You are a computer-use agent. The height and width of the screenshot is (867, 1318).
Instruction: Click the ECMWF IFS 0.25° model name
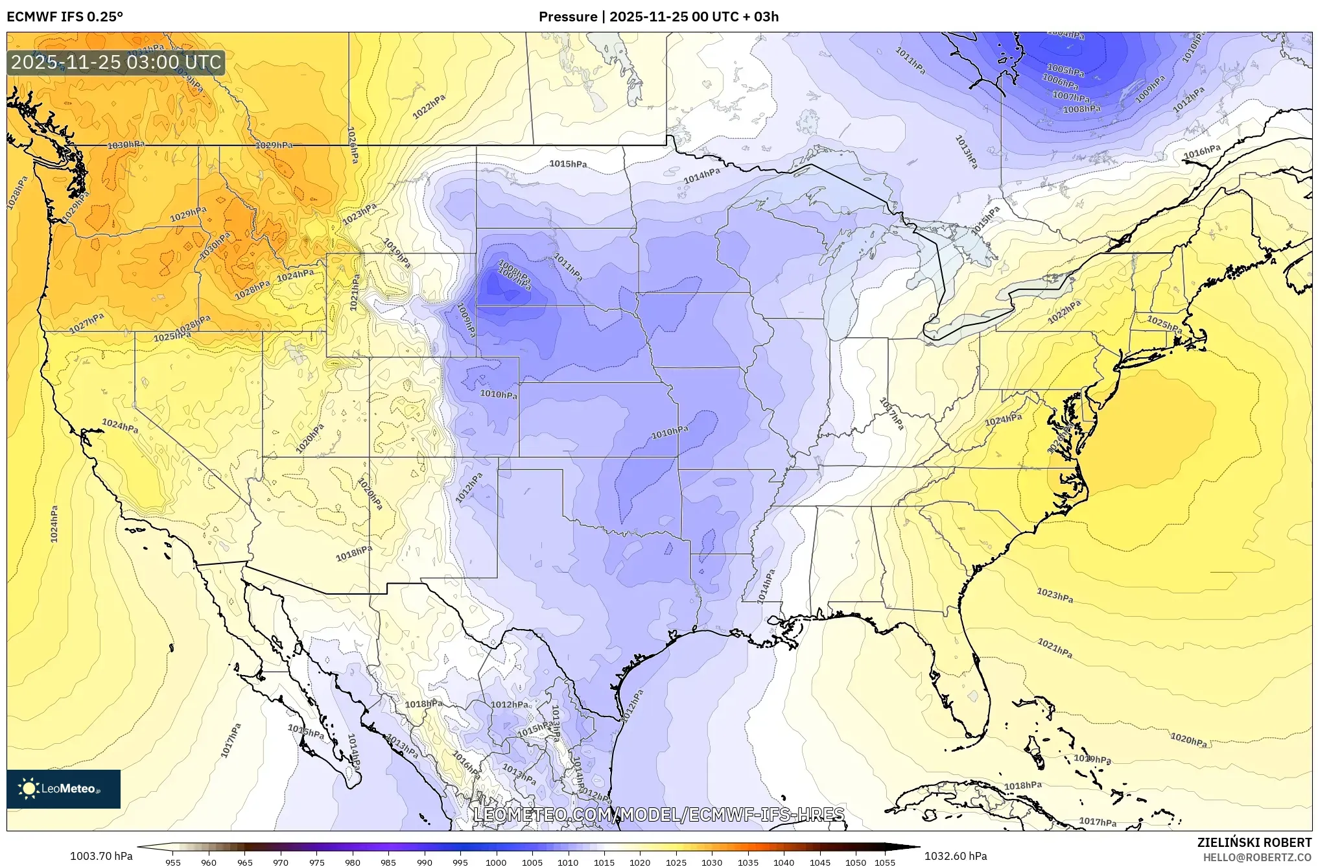[64, 16]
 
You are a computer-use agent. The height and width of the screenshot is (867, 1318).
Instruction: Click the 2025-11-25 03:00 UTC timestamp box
[116, 63]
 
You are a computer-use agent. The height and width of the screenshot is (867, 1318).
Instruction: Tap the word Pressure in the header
[567, 16]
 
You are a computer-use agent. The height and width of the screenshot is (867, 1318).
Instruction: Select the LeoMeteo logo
[64, 789]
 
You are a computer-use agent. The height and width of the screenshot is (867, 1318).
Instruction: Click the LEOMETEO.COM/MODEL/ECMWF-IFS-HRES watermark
[659, 814]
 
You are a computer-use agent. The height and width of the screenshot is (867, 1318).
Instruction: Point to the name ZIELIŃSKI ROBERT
[1254, 842]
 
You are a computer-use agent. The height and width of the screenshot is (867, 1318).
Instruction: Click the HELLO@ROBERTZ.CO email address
[1257, 857]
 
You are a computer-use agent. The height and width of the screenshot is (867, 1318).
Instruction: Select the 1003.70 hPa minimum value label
[101, 856]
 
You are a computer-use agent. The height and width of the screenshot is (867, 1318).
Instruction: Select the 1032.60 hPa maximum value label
[956, 856]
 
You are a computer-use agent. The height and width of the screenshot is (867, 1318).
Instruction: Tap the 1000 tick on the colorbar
[496, 862]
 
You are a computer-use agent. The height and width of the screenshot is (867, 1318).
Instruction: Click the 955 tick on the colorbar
[172, 862]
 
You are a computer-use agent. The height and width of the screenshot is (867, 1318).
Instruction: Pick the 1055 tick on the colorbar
[885, 862]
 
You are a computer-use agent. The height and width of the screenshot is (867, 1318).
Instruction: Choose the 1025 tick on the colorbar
[676, 862]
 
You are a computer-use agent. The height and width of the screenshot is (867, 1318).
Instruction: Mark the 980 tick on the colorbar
[352, 862]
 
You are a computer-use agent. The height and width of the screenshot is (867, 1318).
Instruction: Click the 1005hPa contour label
[1065, 70]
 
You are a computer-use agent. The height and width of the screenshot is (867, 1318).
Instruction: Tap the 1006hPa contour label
[1060, 82]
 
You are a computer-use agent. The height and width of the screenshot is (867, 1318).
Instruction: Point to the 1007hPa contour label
[1070, 97]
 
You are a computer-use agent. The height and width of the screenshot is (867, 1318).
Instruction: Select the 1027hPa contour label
[87, 323]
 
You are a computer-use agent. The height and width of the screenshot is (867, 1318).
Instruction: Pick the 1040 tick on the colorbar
[783, 862]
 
